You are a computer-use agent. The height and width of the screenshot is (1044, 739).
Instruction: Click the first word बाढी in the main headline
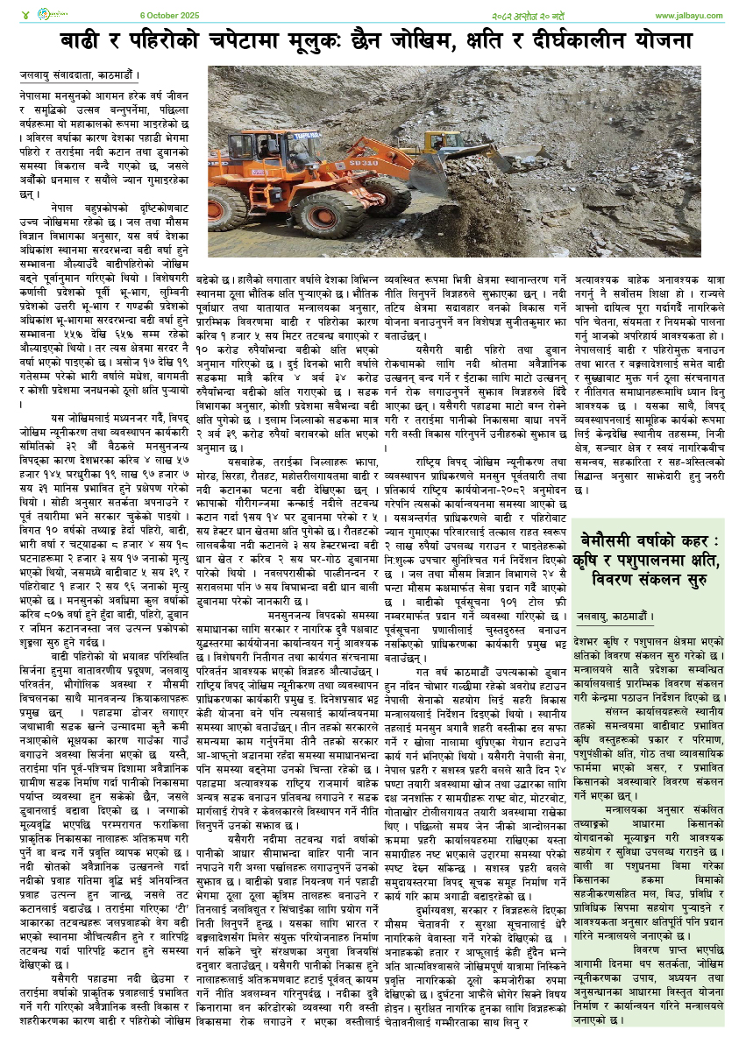tap(80, 42)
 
